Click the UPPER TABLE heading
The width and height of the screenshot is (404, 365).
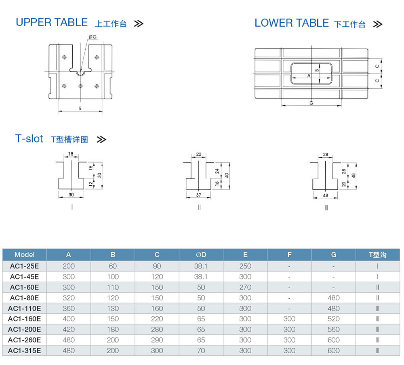[x=51, y=23]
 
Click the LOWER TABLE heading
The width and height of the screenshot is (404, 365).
[x=292, y=23]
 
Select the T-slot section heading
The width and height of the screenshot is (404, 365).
[x=29, y=138]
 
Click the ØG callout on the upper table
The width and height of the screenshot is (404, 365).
[x=93, y=37]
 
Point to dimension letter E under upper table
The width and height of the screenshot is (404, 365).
[x=80, y=108]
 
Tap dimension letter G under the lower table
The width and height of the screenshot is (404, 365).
[x=311, y=103]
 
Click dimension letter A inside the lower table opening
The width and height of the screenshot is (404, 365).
[x=309, y=76]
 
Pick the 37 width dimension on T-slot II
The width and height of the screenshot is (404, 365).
[x=198, y=195]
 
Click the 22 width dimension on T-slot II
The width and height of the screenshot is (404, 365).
[x=198, y=154]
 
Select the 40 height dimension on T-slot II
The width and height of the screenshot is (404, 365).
[x=227, y=176]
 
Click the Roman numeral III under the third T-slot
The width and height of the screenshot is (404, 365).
[x=326, y=208]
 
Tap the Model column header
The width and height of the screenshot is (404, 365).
[x=24, y=255]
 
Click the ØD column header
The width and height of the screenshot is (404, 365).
[x=201, y=255]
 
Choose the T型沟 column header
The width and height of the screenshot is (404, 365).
[x=377, y=255]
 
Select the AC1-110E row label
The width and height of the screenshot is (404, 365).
[x=24, y=308]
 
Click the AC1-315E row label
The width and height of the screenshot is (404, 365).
[x=24, y=350]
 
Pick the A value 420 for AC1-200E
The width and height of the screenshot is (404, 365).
[x=69, y=329]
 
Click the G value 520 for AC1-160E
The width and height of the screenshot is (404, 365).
[x=333, y=319]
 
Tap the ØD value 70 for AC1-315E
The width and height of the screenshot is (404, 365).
[x=201, y=350]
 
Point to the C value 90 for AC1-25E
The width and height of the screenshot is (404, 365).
[x=157, y=266]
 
